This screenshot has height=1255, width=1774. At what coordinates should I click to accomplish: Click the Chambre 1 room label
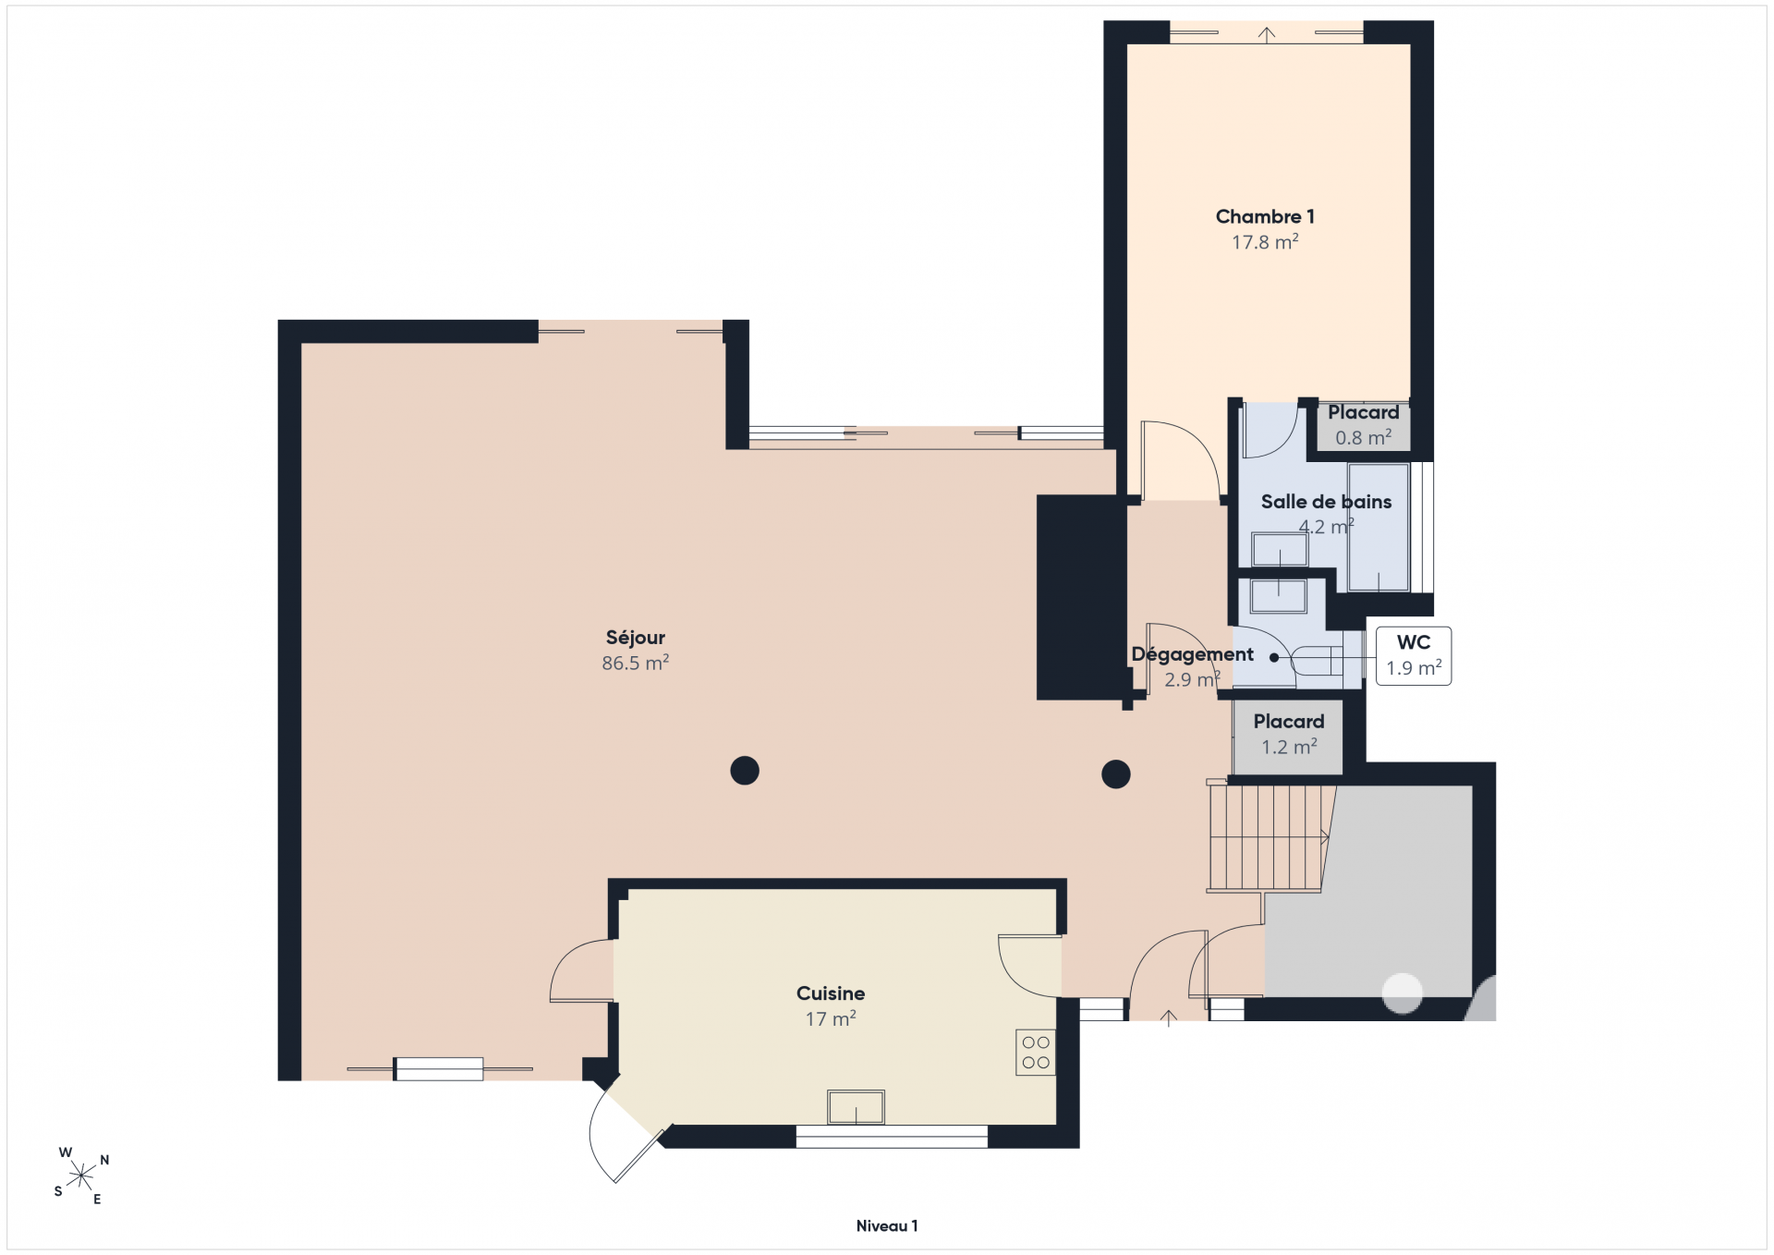click(1265, 228)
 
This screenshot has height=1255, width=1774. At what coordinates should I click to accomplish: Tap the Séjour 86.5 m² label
click(635, 650)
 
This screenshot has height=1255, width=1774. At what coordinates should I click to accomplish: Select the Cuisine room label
click(831, 1005)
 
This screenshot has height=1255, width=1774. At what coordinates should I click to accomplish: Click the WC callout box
click(1414, 655)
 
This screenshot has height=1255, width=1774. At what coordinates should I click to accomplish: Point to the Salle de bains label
click(1326, 514)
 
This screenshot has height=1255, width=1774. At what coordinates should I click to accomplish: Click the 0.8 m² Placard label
click(1363, 425)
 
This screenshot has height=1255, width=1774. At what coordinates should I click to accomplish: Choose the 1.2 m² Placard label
click(1289, 734)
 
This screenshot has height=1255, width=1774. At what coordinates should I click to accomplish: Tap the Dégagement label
click(1192, 666)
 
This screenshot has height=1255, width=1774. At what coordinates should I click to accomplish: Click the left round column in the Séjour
click(745, 770)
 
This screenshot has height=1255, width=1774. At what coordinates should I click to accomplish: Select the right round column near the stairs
click(1116, 774)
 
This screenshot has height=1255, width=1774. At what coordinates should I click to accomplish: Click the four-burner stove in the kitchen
click(1036, 1052)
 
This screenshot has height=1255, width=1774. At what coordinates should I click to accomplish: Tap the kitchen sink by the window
click(856, 1106)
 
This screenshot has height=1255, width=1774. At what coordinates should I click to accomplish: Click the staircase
click(1270, 837)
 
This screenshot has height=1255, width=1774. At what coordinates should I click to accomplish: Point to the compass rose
click(81, 1176)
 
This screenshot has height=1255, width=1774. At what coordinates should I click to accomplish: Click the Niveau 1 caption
click(887, 1226)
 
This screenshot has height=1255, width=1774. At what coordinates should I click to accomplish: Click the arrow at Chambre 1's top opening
click(1267, 34)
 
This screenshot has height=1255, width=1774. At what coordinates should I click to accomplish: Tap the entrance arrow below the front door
click(1169, 1017)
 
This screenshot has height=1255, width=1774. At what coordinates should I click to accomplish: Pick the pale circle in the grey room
click(1402, 993)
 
